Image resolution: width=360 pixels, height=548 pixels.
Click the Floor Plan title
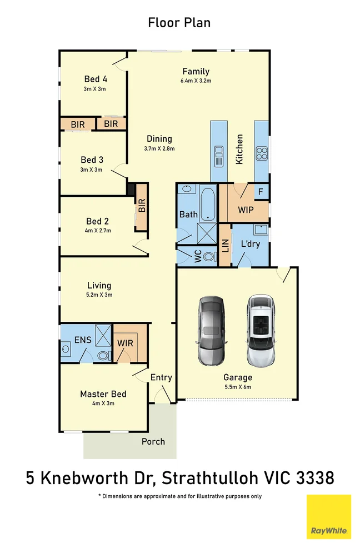tap(179, 23)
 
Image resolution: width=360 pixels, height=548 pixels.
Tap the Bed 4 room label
tap(96, 79)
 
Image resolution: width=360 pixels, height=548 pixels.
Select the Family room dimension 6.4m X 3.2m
tap(196, 81)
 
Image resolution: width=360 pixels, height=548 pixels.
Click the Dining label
tap(159, 139)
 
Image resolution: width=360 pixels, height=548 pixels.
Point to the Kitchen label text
tap(239, 149)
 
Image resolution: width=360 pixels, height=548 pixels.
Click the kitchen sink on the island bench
tap(219, 156)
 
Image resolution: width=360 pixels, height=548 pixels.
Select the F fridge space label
tap(261, 193)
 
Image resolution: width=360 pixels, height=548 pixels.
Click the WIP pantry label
tap(246, 211)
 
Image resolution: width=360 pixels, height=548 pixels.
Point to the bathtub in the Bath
tap(208, 203)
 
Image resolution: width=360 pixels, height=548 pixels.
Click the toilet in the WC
tap(209, 256)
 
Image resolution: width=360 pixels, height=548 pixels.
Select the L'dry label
tap(251, 245)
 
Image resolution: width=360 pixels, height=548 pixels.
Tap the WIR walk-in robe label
tap(125, 343)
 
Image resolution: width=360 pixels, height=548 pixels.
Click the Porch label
tap(153, 441)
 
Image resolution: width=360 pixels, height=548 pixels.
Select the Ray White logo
tap(329, 516)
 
